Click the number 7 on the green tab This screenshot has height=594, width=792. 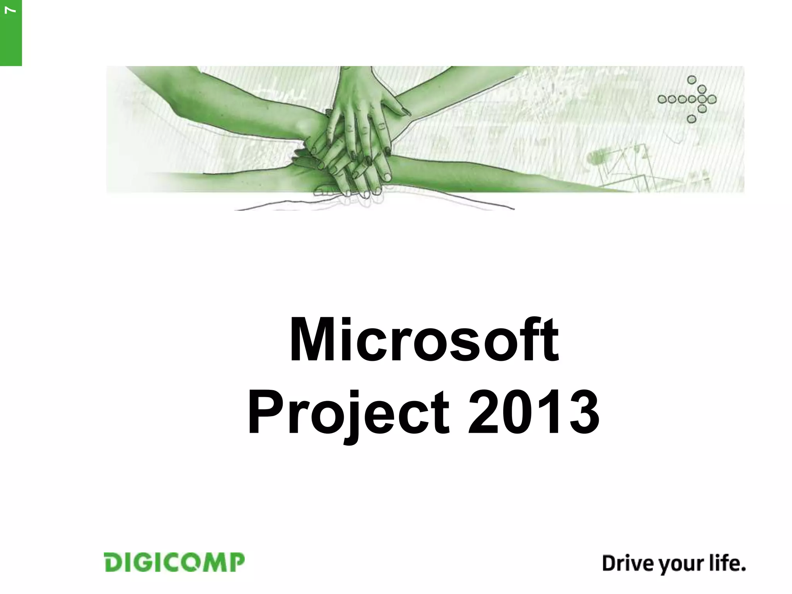coord(11,10)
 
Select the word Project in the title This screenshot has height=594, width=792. coord(348,413)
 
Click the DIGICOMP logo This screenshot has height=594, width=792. coord(174,562)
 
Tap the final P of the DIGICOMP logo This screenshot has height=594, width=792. coord(237,562)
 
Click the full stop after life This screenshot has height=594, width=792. coord(742,569)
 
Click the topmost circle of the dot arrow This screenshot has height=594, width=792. coord(692,80)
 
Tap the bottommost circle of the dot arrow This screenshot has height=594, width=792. coord(692,119)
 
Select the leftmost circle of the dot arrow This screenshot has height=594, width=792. coord(662,99)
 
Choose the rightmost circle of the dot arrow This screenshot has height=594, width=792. coord(712,99)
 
